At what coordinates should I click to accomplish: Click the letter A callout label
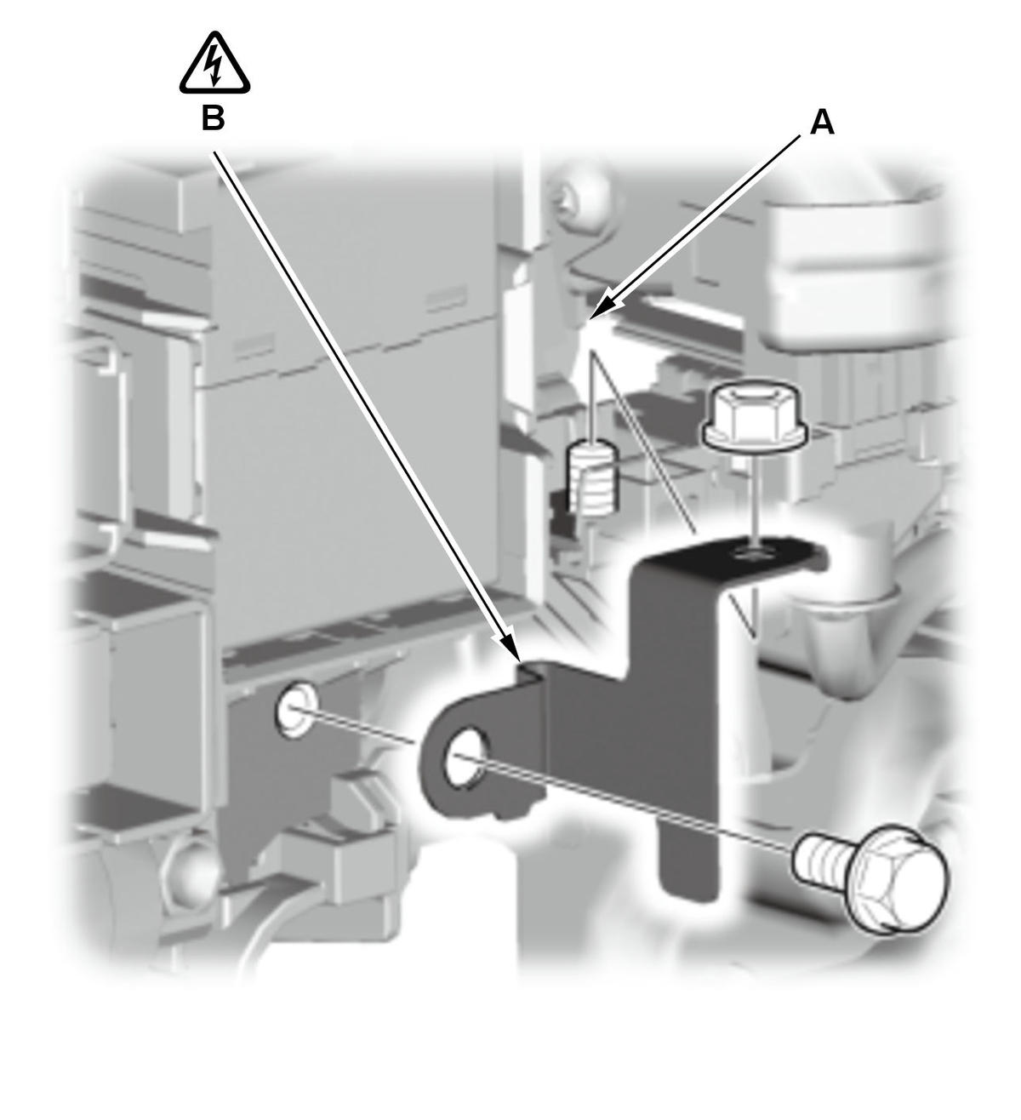click(821, 123)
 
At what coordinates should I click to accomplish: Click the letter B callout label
click(213, 119)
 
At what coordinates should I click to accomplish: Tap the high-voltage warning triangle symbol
click(214, 63)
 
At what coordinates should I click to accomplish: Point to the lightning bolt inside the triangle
click(214, 66)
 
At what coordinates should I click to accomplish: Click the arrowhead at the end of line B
click(511, 649)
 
